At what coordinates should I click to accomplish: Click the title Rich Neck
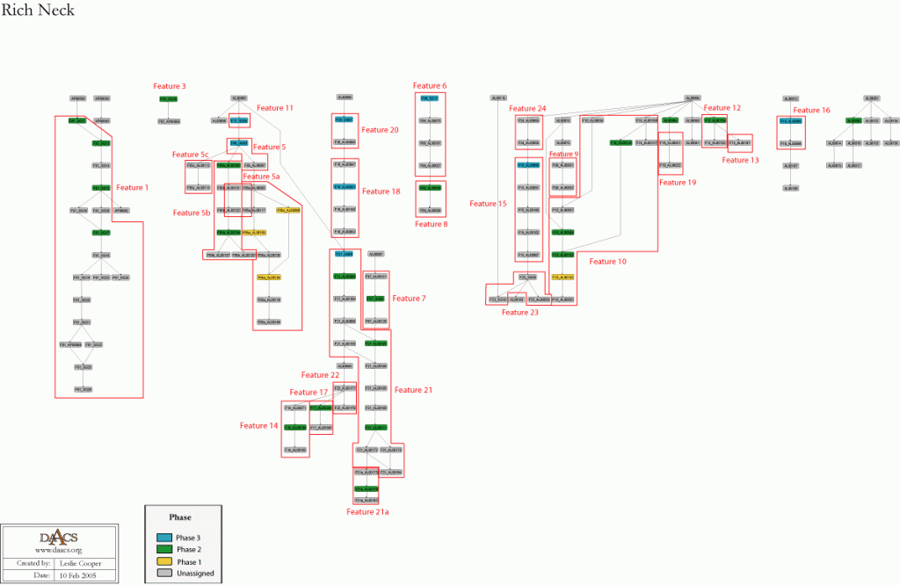[38, 11]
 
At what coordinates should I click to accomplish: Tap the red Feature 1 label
[134, 187]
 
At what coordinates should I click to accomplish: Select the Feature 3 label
[170, 86]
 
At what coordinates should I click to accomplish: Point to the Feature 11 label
[277, 108]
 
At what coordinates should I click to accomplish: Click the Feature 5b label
[192, 213]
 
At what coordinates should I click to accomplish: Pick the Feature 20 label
[381, 130]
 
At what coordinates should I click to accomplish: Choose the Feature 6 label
[432, 86]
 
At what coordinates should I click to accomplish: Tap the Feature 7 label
[409, 299]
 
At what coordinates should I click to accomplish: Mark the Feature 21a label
[370, 510]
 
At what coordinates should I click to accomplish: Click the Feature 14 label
[258, 425]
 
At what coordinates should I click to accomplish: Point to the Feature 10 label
[607, 261]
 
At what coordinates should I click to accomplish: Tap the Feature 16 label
[811, 111]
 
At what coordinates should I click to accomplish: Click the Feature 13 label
[740, 160]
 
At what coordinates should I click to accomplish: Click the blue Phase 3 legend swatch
[164, 538]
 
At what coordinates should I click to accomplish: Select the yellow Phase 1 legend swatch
[164, 561]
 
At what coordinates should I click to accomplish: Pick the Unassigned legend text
[195, 574]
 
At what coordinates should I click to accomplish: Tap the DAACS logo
[53, 539]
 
